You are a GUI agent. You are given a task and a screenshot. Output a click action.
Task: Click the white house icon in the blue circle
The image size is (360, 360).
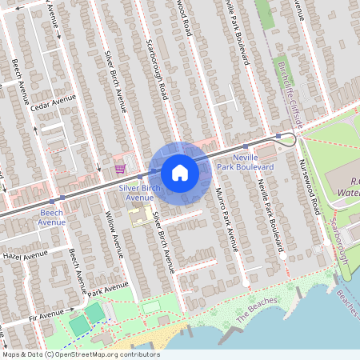pyautogui.click(x=180, y=172)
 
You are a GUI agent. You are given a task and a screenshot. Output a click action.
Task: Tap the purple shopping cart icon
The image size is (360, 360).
pyautogui.click(x=119, y=168)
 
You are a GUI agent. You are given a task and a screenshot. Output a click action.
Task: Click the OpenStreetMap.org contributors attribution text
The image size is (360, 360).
pyautogui.click(x=104, y=353)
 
